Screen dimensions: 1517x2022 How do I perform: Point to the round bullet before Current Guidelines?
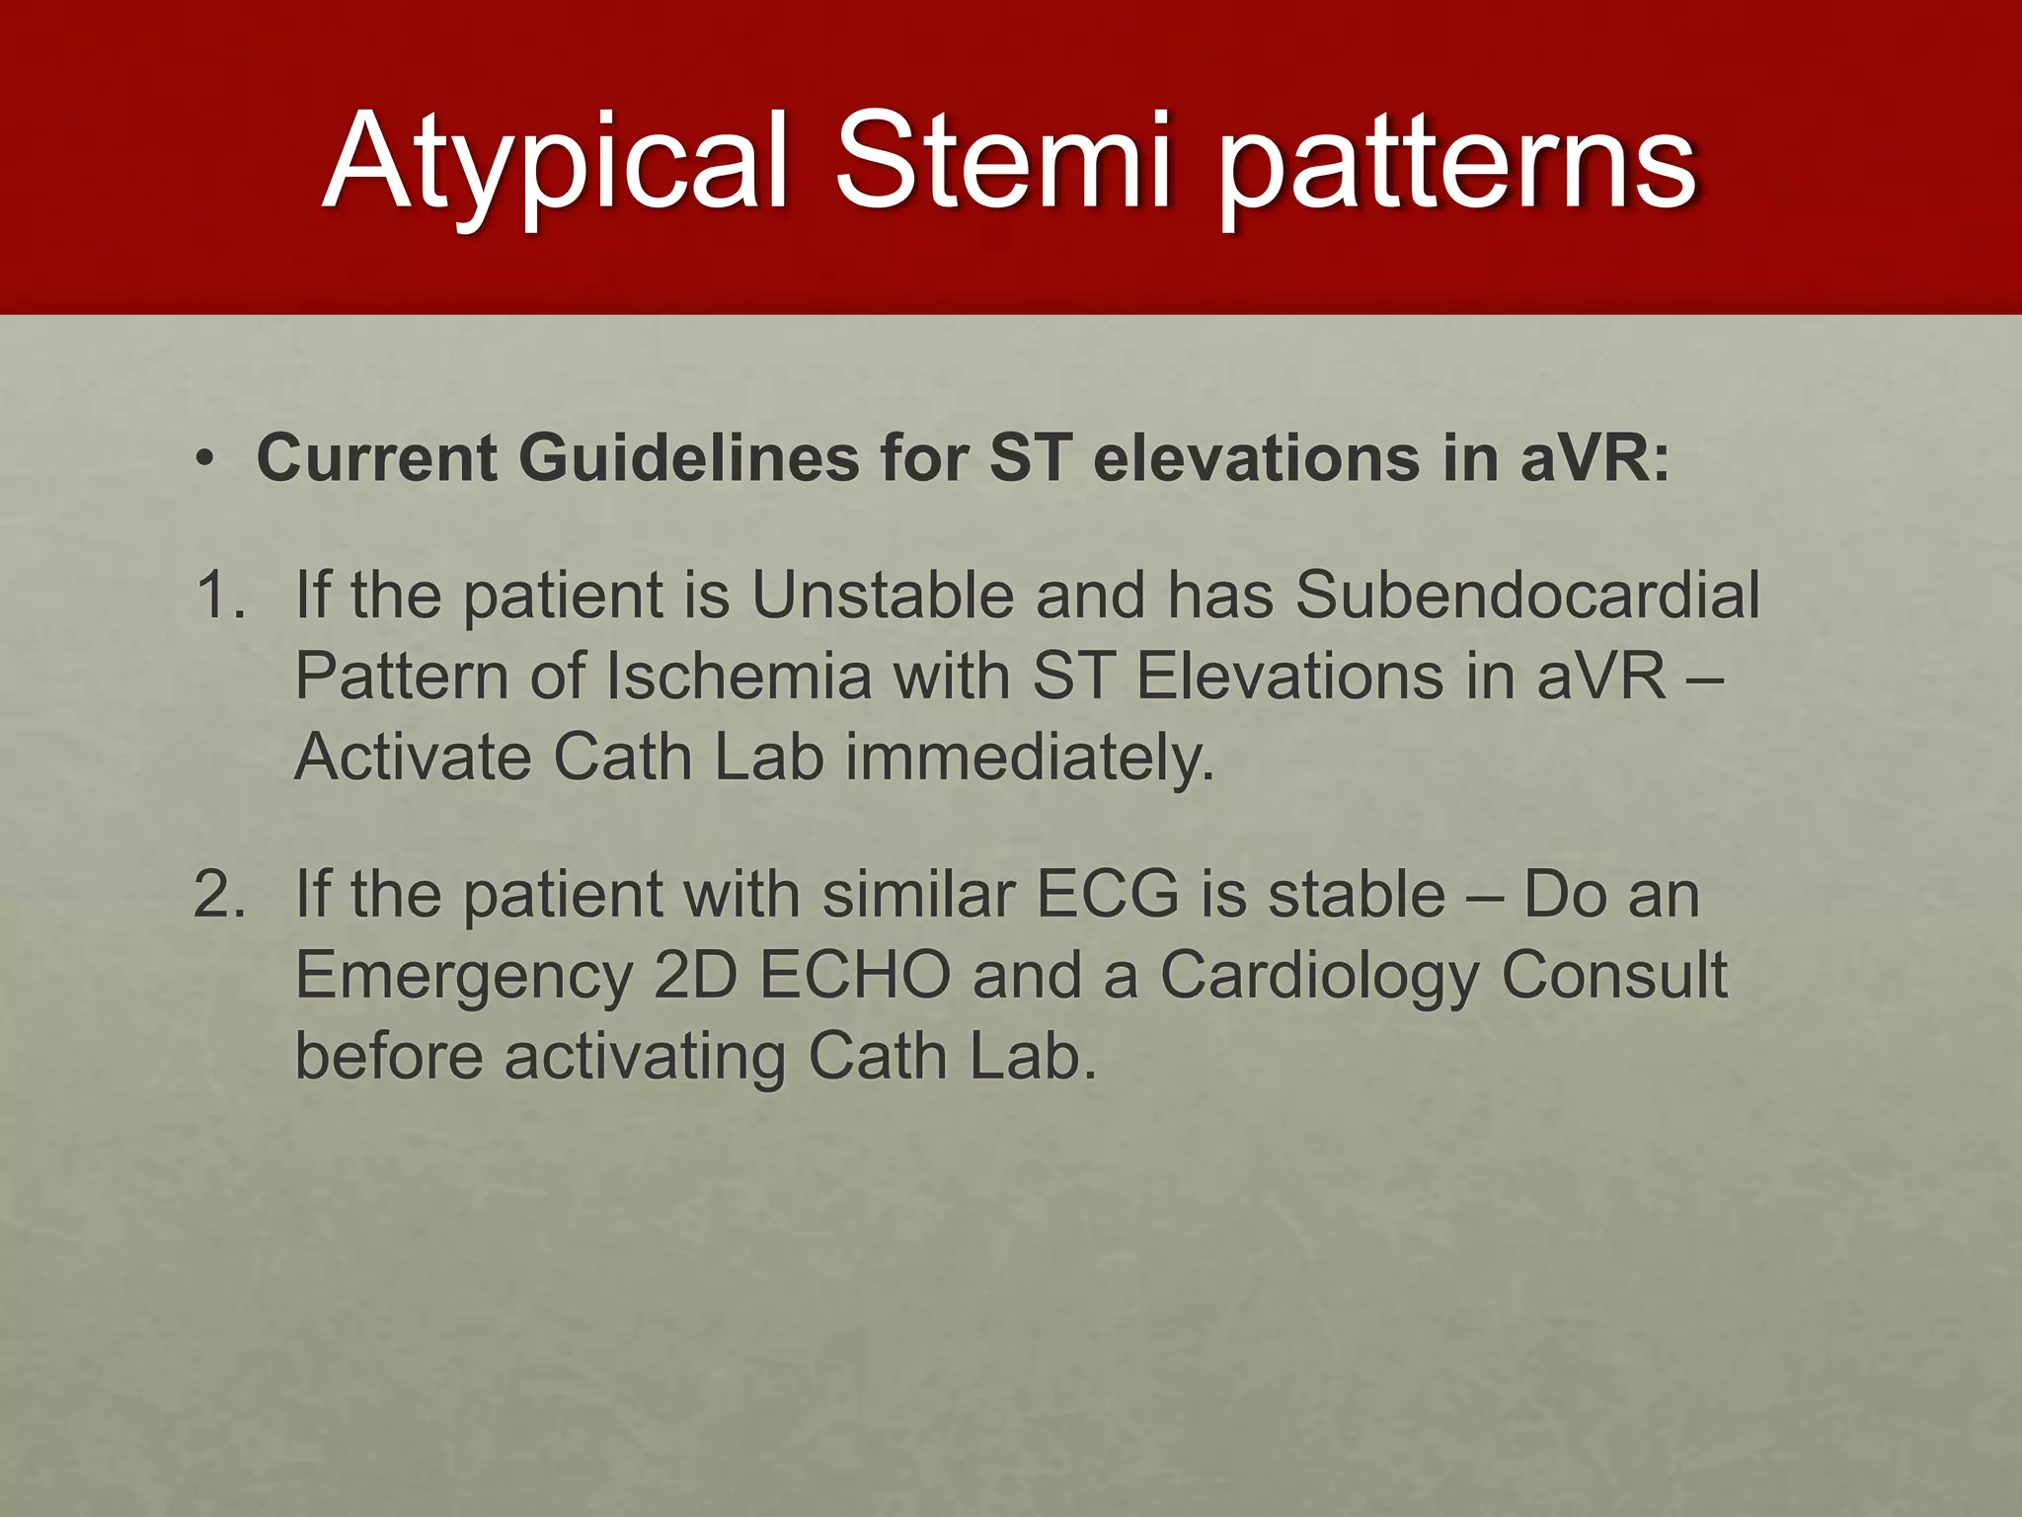point(204,459)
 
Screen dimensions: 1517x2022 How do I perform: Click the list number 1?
point(219,595)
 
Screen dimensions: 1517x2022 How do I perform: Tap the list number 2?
point(219,894)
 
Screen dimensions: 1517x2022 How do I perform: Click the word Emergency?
point(463,977)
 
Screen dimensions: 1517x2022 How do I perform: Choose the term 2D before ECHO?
point(696,976)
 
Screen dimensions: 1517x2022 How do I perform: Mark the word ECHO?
point(855,976)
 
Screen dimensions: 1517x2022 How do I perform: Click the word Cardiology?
point(1319,977)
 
